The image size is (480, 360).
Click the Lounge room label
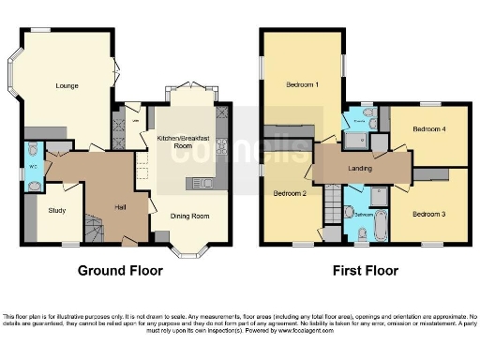tap(67, 86)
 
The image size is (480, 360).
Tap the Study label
tap(57, 211)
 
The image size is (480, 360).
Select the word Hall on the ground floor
tap(121, 207)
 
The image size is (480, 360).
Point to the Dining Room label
tap(188, 216)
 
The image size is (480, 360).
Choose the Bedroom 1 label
tap(302, 84)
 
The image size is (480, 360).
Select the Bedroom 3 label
tap(428, 215)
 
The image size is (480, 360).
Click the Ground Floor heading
tap(120, 271)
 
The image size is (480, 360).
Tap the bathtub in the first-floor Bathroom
tap(380, 226)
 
